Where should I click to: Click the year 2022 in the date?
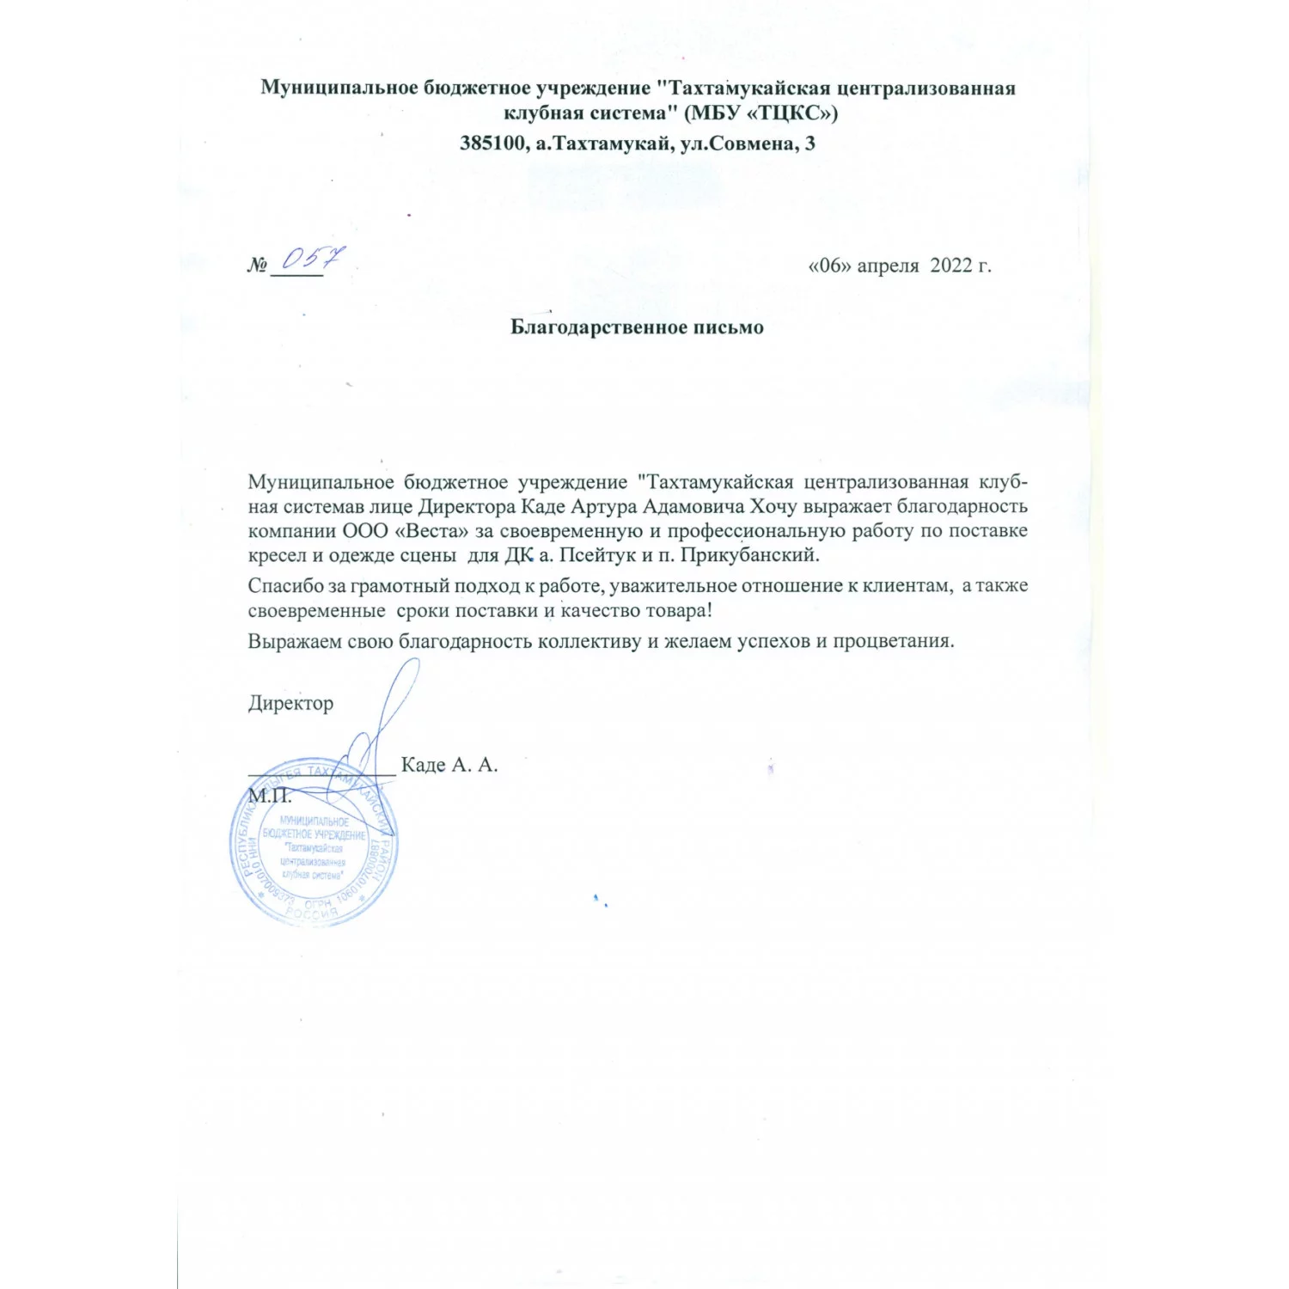point(950,265)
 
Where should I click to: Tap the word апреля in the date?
point(889,266)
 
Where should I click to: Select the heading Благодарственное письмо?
point(637,327)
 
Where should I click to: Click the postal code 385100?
point(492,143)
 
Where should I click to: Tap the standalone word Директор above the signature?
point(290,703)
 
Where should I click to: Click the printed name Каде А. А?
point(449,765)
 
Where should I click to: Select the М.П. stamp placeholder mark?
point(270,796)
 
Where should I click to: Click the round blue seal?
point(314,842)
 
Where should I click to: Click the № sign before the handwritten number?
point(257,266)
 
